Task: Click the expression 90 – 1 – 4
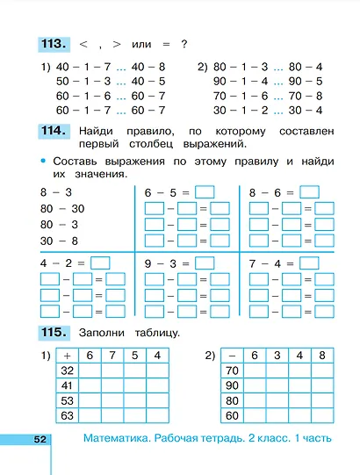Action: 237,81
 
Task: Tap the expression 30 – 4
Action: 307,110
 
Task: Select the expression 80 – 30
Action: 61,208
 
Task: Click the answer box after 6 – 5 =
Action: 205,192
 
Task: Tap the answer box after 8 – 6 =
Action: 309,192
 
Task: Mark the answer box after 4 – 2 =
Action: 100,262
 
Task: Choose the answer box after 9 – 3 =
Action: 205,262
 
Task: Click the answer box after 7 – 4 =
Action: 309,262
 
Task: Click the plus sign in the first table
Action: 68,356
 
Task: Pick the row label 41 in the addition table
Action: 68,385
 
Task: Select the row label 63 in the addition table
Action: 68,415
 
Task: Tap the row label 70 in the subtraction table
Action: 232,371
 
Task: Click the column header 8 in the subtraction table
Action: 322,356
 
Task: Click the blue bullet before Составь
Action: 41,162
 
